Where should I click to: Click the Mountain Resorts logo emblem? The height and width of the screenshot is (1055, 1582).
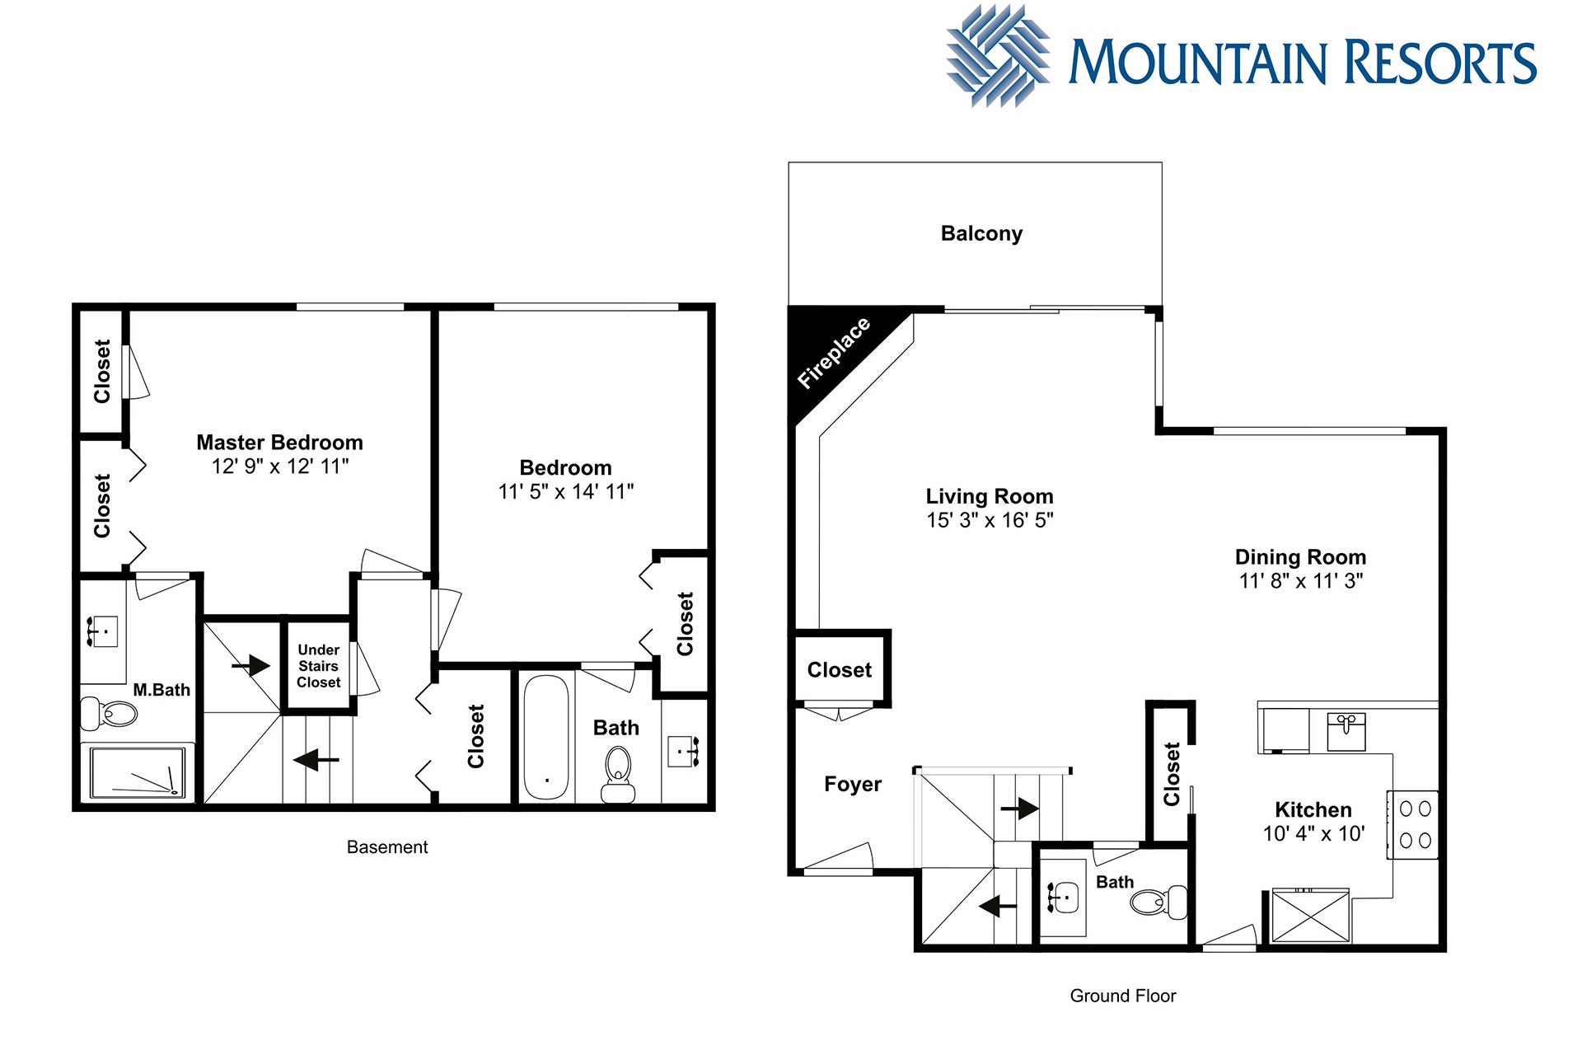tap(998, 56)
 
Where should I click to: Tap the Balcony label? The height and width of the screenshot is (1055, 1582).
tap(981, 233)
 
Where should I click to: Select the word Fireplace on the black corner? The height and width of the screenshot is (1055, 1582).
tap(833, 352)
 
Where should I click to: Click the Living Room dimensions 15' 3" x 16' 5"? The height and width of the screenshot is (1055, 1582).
tap(990, 520)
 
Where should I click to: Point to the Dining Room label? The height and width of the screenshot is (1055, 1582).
tap(1300, 557)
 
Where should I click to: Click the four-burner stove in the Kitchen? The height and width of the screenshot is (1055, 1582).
tap(1413, 825)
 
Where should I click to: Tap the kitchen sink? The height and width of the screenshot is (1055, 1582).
tap(1346, 732)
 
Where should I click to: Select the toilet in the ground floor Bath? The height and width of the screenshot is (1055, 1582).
tap(1158, 902)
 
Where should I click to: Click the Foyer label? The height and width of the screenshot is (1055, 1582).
tap(853, 784)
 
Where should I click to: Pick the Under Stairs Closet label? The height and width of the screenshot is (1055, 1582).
tap(318, 666)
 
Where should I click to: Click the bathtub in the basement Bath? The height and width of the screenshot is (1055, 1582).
tap(546, 738)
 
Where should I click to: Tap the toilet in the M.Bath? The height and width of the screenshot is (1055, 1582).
tap(109, 714)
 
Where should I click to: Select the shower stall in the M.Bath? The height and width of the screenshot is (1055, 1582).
tap(138, 772)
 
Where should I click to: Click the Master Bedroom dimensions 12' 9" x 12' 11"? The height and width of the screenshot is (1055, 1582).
tap(280, 467)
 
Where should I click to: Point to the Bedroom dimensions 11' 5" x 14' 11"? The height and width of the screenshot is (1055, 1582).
tap(566, 492)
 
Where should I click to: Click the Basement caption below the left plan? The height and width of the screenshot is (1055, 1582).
tap(387, 847)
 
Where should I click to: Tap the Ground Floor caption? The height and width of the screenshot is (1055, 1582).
tap(1123, 996)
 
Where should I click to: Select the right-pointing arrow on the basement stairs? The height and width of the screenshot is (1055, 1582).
tap(251, 665)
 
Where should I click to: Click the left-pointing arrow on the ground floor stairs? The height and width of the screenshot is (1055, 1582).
tap(998, 906)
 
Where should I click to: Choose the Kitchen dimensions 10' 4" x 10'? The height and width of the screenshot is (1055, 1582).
tap(1313, 834)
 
